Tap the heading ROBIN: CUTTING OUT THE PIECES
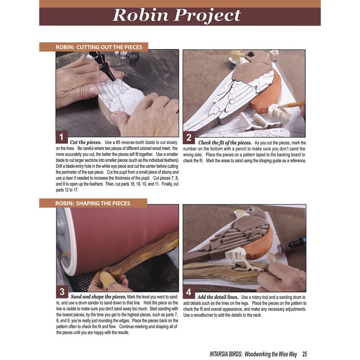[99, 47]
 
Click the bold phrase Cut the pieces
[85, 142]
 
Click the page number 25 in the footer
[305, 354]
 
